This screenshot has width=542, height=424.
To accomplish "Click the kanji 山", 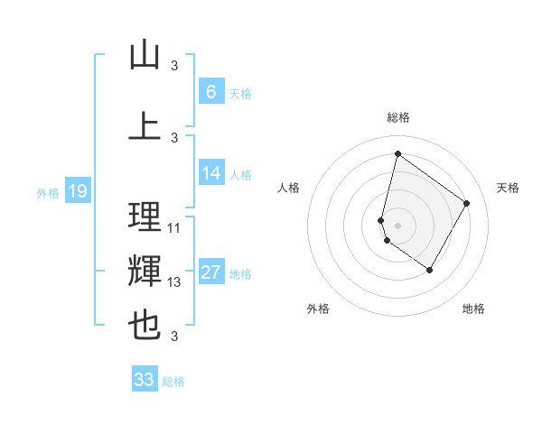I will click(145, 56).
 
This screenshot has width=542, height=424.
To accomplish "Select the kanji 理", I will click(145, 217).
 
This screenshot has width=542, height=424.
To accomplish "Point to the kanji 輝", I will click(145, 272).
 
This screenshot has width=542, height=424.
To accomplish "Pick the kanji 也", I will click(145, 326).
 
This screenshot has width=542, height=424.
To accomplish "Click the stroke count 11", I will click(174, 228).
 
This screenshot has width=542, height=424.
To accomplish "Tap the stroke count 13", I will click(174, 282).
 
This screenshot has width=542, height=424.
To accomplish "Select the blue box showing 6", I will click(210, 91).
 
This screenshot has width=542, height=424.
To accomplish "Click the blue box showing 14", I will click(210, 173).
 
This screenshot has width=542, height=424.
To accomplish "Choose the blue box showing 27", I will click(210, 272).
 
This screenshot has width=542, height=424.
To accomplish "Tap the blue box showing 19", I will click(77, 190).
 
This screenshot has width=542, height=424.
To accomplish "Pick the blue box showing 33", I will click(145, 380).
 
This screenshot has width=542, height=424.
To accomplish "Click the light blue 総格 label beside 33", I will click(173, 382).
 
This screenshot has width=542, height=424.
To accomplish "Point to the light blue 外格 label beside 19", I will click(48, 192).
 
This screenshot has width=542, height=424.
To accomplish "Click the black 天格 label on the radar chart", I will click(508, 188).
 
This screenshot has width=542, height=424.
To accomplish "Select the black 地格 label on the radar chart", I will click(473, 309).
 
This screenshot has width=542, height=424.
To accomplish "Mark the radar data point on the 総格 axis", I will click(397, 153).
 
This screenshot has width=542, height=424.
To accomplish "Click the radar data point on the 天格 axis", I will click(467, 203).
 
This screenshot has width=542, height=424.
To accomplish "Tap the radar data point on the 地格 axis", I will click(429, 270).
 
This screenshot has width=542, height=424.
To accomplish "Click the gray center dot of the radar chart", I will click(397, 225).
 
